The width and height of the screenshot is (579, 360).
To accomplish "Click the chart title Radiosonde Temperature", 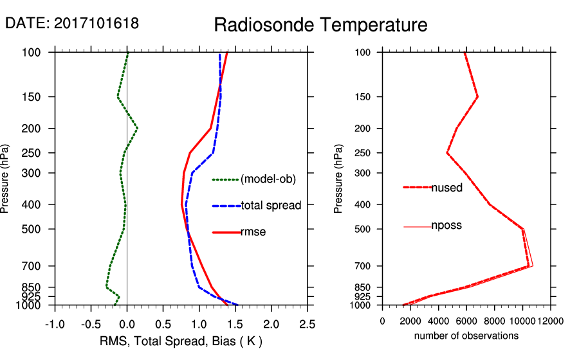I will (320, 25).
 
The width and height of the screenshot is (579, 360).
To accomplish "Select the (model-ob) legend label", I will (268, 179).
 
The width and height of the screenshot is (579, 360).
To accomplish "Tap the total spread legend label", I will (271, 206).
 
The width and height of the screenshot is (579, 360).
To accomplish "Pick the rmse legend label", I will (253, 232).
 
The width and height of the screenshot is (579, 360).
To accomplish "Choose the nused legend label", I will (446, 187).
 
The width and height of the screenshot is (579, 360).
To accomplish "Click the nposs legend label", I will (446, 226).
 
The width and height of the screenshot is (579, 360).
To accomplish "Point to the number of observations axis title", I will (466, 336).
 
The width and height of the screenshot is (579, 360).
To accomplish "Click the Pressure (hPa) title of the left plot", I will (6, 178).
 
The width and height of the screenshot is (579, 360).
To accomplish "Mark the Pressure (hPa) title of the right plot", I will (339, 178).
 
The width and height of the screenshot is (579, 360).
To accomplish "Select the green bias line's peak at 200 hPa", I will (137, 129).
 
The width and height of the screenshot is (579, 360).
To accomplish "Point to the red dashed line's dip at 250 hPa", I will (448, 153).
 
